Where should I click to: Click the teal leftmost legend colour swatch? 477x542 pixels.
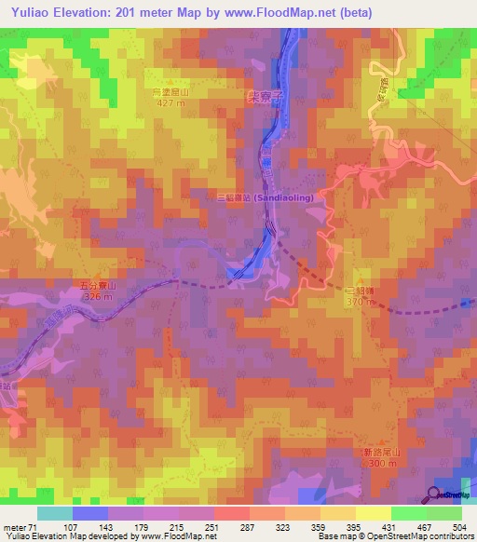pos(54,512)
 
